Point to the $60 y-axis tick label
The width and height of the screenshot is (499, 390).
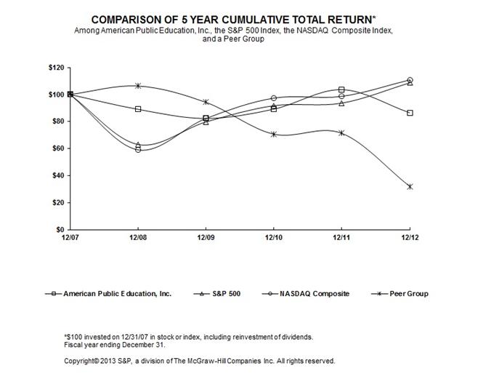click(54, 148)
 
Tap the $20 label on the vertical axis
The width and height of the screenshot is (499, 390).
click(54, 202)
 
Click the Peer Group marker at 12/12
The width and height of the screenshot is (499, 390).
click(410, 186)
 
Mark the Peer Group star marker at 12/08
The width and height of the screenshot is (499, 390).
click(138, 86)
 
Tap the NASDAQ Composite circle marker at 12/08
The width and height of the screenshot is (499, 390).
click(138, 149)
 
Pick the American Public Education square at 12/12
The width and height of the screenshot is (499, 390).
click(410, 113)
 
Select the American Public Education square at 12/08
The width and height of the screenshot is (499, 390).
click(138, 109)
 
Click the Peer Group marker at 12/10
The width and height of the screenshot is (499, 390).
click(274, 134)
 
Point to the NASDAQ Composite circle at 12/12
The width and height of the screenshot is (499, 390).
click(410, 80)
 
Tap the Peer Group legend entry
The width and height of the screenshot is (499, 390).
click(407, 294)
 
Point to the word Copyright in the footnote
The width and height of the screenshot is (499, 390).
click(81, 361)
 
